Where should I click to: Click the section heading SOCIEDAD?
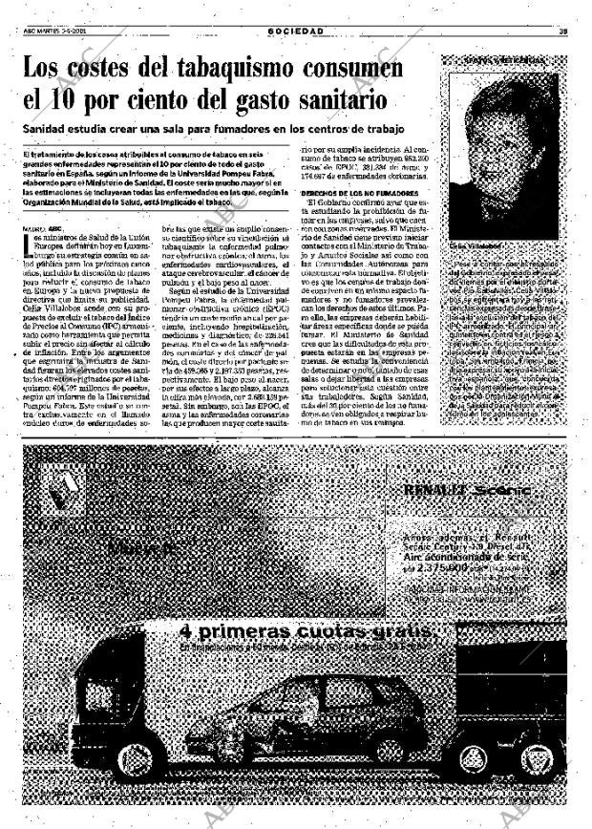click(295, 32)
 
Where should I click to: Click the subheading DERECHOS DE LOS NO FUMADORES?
click(352, 192)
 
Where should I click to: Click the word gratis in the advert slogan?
click(401, 632)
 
